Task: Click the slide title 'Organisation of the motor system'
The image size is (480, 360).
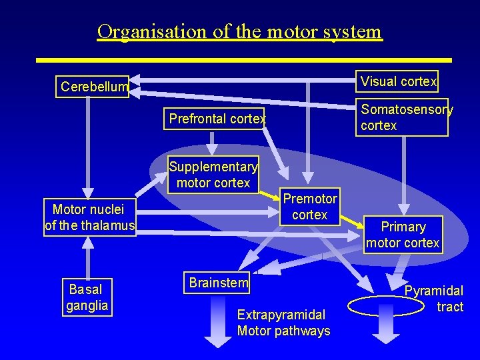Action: click(x=239, y=31)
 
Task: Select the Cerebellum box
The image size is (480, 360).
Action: click(x=93, y=87)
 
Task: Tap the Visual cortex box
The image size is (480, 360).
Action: click(x=397, y=81)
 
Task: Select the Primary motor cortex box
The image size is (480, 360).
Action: click(x=403, y=234)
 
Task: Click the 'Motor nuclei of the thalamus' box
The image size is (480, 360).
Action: click(x=89, y=217)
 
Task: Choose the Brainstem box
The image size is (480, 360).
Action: click(x=218, y=282)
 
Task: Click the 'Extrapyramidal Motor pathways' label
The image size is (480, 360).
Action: click(x=283, y=323)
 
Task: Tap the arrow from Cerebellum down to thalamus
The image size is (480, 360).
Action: click(x=88, y=147)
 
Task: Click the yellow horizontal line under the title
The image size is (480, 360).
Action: click(x=243, y=60)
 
